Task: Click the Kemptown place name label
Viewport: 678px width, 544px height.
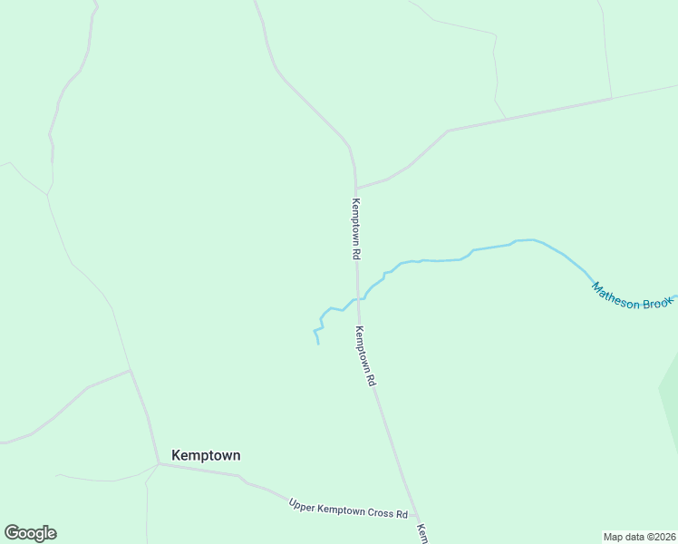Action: pyautogui.click(x=206, y=455)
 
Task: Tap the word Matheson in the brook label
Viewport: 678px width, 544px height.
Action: pyautogui.click(x=616, y=296)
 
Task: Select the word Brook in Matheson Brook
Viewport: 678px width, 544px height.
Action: pyautogui.click(x=659, y=304)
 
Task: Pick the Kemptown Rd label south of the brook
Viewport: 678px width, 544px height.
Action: pyautogui.click(x=365, y=356)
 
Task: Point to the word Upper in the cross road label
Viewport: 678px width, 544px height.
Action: pyautogui.click(x=303, y=503)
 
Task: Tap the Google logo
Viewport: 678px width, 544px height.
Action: pyautogui.click(x=30, y=533)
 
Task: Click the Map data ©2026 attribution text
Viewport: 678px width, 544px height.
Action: pyautogui.click(x=640, y=536)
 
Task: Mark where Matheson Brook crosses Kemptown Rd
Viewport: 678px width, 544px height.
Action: pyautogui.click(x=359, y=297)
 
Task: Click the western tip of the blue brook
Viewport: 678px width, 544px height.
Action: pyautogui.click(x=317, y=344)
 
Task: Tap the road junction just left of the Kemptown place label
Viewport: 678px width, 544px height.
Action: pyautogui.click(x=159, y=463)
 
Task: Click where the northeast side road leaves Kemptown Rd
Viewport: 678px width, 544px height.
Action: pyautogui.click(x=355, y=189)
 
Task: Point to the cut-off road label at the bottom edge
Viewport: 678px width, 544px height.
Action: pyautogui.click(x=421, y=533)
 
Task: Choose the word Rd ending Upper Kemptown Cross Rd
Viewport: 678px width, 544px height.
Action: pyautogui.click(x=402, y=514)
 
